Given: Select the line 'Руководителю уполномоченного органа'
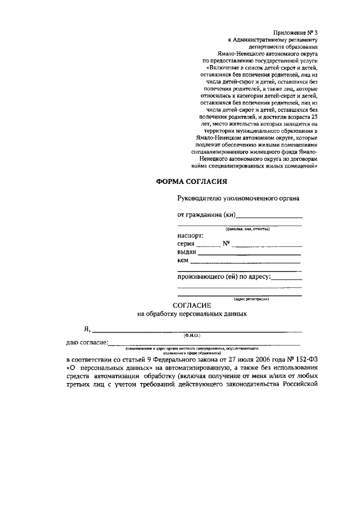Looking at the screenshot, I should pos(238,198).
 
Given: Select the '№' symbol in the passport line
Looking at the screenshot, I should pos(227,244).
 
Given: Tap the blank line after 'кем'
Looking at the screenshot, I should pos(244,262).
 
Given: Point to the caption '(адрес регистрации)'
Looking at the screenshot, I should pos(251,299).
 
